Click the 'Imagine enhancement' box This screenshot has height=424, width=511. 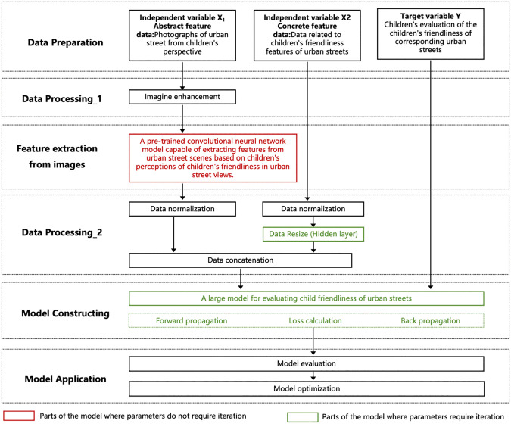[x=182, y=97]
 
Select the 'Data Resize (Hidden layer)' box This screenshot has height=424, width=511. [x=313, y=234]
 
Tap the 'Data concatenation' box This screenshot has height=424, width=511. [x=241, y=260]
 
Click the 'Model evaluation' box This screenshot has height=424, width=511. [x=307, y=363]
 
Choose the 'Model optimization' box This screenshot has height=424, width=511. [x=307, y=389]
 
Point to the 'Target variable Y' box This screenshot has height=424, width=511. [x=431, y=34]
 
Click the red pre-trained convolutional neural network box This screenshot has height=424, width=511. [x=213, y=158]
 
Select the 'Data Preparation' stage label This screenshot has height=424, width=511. [x=65, y=42]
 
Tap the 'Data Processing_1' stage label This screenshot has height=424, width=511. [x=62, y=99]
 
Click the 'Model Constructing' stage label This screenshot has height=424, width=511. [x=65, y=313]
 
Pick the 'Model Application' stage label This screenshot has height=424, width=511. [x=65, y=379]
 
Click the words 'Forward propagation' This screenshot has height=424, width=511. [x=192, y=321]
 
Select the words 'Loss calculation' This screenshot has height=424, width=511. [x=315, y=321]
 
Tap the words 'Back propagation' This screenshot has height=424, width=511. [x=430, y=321]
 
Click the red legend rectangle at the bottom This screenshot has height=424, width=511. [x=19, y=416]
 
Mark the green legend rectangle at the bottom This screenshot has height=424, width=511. [x=302, y=417]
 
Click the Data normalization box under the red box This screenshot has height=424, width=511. [x=182, y=209]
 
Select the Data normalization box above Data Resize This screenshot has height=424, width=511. [x=313, y=209]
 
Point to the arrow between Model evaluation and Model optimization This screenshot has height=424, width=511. [x=313, y=376]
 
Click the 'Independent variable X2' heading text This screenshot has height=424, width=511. [x=307, y=17]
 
